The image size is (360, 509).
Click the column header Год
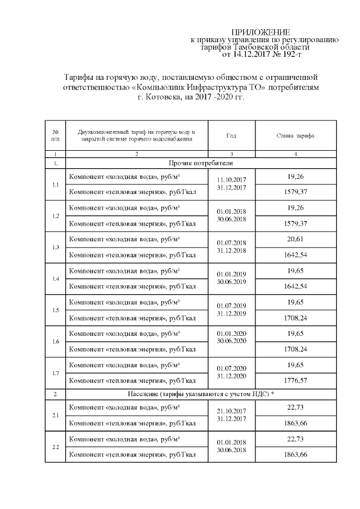231,136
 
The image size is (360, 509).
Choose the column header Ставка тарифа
295,136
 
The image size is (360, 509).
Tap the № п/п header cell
55,136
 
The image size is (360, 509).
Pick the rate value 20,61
295,239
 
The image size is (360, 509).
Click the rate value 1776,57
295,381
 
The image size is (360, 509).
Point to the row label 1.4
55,278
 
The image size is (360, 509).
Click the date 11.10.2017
231,179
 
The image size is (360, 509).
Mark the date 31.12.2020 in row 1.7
231,376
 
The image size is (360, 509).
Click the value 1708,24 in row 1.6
295,349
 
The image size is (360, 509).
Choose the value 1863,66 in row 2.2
295,454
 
